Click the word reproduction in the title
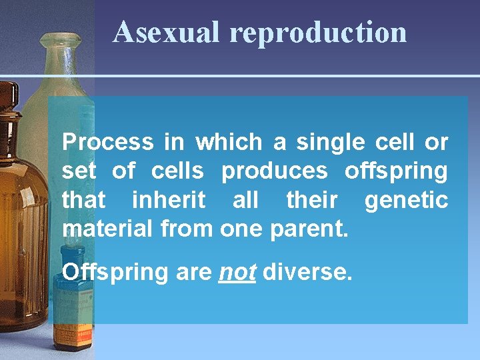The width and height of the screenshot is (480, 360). tap(317, 33)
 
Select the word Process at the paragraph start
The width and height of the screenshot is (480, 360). tap(107, 142)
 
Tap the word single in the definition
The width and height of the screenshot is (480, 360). tap(331, 142)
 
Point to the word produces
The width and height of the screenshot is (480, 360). tap(275, 171)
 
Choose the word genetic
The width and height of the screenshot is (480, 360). tap(406, 199)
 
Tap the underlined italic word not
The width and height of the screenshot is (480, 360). tap(237, 273)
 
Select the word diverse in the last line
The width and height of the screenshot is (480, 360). tap(307, 273)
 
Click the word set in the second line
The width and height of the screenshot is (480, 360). tap(79, 171)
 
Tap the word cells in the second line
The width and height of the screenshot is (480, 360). tap(177, 171)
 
